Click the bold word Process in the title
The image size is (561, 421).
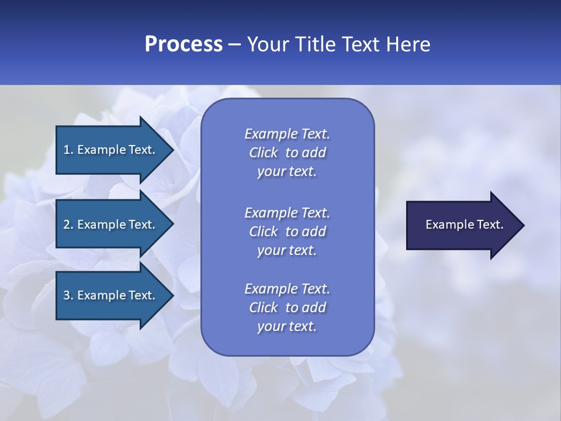[x=183, y=44]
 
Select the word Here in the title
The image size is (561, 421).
[x=408, y=44]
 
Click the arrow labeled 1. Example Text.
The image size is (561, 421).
[x=111, y=150]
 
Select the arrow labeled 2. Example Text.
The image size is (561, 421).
[x=111, y=225]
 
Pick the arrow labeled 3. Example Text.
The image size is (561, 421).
[x=111, y=295]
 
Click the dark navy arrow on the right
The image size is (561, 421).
[x=462, y=225]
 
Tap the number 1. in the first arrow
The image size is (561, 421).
[x=68, y=150]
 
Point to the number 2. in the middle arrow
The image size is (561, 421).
[x=68, y=225]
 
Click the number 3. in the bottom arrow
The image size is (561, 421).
[x=68, y=295]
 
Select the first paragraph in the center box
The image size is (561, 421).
[x=287, y=153]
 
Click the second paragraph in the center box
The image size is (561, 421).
[x=287, y=232]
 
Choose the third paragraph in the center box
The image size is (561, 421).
[x=287, y=308]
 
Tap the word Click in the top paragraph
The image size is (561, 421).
[x=263, y=153]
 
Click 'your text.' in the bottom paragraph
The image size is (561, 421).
[x=287, y=326]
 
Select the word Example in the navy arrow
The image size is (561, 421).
[x=446, y=225]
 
